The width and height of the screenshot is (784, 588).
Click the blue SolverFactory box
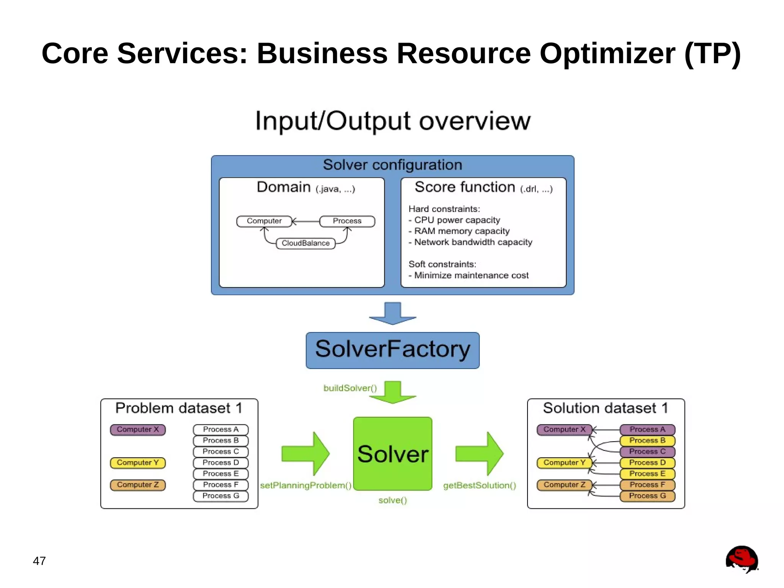pyautogui.click(x=392, y=350)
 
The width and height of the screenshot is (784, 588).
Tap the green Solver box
pyautogui.click(x=392, y=454)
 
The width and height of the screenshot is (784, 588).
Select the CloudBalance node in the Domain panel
pyautogui.click(x=305, y=243)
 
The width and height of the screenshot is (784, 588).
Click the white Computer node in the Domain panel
pyautogui.click(x=264, y=221)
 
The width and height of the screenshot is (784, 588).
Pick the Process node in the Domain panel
pyautogui.click(x=347, y=221)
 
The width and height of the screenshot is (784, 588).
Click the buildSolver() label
pyautogui.click(x=350, y=388)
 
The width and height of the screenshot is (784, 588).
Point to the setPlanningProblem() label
pyautogui.click(x=305, y=485)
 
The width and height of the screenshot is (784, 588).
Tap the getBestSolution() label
pyautogui.click(x=480, y=485)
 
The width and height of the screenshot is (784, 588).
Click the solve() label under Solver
pyautogui.click(x=392, y=500)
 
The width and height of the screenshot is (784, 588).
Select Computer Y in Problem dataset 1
pyautogui.click(x=137, y=463)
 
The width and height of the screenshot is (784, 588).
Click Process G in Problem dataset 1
pyautogui.click(x=220, y=496)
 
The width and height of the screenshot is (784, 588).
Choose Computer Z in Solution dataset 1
pyautogui.click(x=564, y=485)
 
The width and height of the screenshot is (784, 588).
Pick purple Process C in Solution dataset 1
pyautogui.click(x=647, y=452)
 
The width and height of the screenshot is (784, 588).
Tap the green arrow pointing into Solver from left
pyautogui.click(x=305, y=454)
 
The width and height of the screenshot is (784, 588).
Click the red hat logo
pyautogui.click(x=742, y=559)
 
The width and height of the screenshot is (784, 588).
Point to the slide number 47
pyautogui.click(x=39, y=561)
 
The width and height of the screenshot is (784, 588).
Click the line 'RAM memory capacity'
pyautogui.click(x=462, y=231)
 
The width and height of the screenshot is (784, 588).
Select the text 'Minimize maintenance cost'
pyautogui.click(x=471, y=275)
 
